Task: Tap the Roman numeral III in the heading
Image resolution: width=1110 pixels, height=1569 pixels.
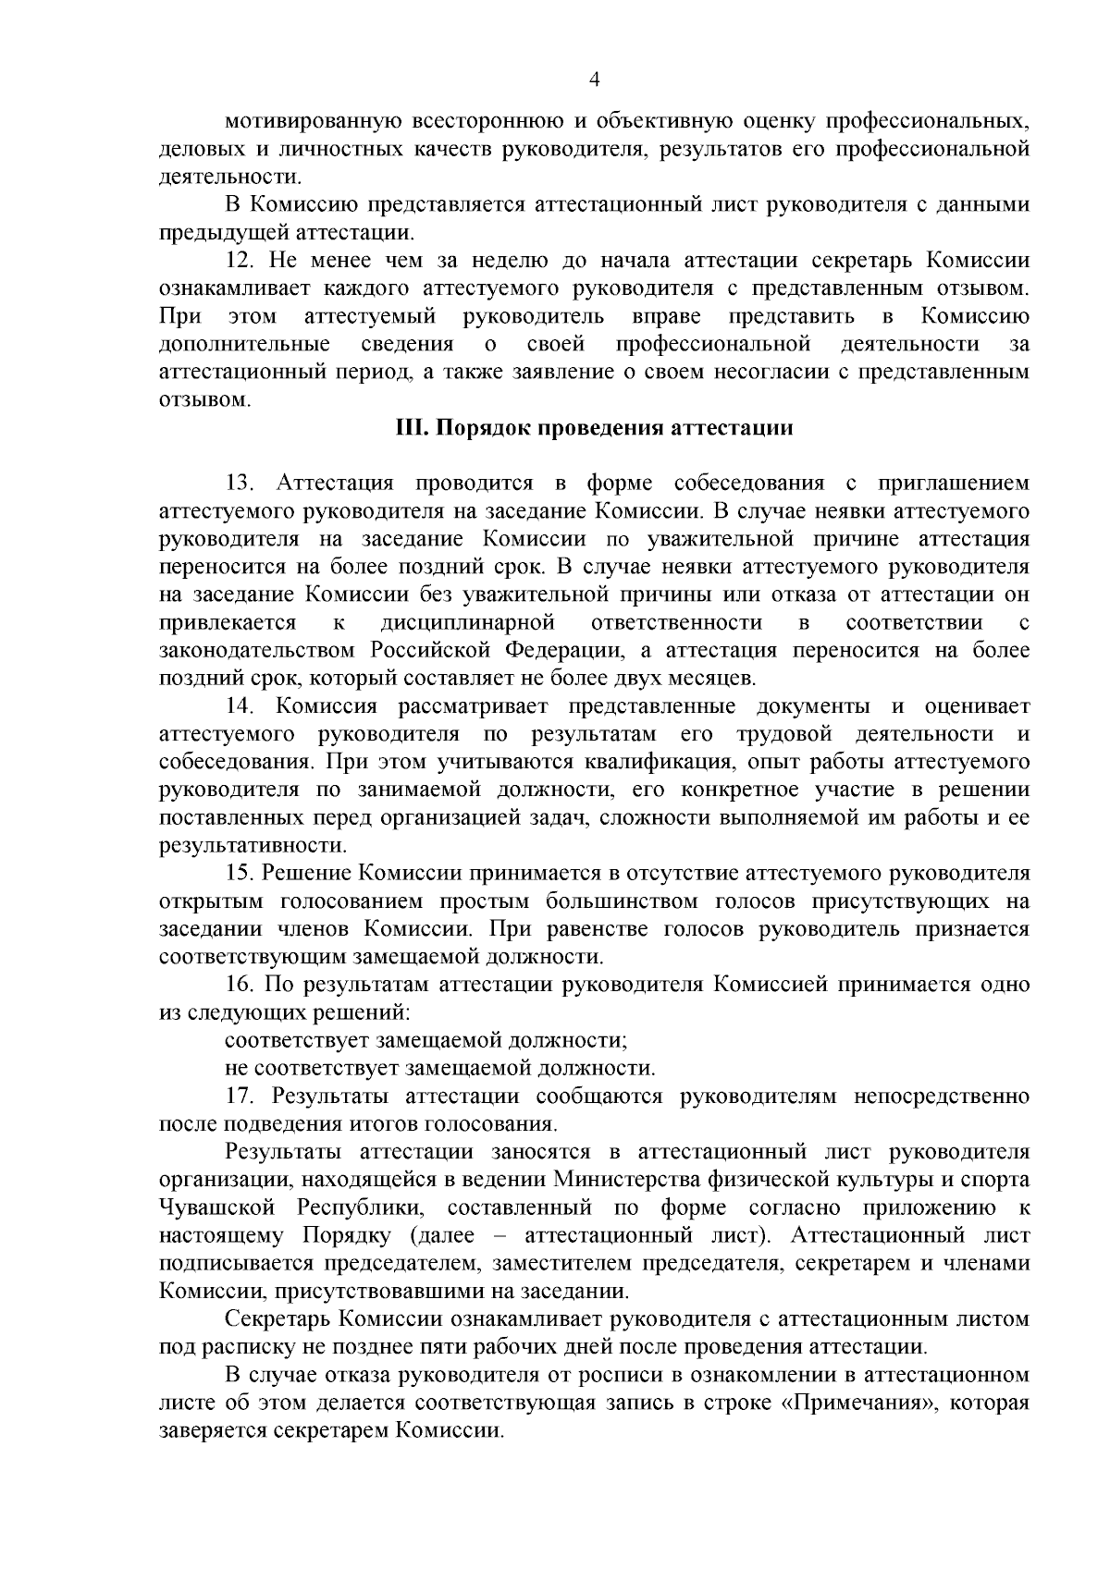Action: tap(407, 429)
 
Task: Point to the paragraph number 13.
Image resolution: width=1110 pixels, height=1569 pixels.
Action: tap(240, 483)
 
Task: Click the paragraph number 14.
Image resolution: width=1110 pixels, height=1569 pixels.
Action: tap(240, 706)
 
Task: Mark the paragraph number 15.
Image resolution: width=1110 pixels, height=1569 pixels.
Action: tap(240, 873)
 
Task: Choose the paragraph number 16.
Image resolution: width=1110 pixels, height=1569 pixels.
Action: tap(240, 984)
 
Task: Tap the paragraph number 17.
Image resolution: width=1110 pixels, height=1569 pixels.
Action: tap(240, 1096)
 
